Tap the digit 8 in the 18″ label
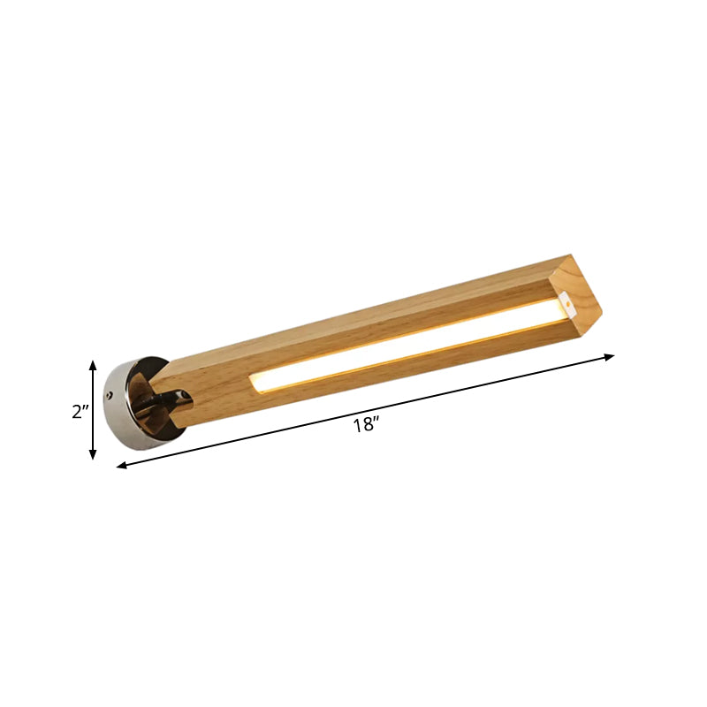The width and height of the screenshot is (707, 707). (364, 425)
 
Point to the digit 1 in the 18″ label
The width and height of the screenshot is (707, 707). (355, 425)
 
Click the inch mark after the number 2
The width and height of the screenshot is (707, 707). (87, 409)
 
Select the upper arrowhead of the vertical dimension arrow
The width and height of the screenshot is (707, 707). (93, 363)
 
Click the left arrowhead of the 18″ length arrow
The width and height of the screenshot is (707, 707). (121, 465)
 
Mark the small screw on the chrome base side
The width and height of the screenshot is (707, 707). (111, 393)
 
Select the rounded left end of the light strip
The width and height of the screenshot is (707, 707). (255, 381)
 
